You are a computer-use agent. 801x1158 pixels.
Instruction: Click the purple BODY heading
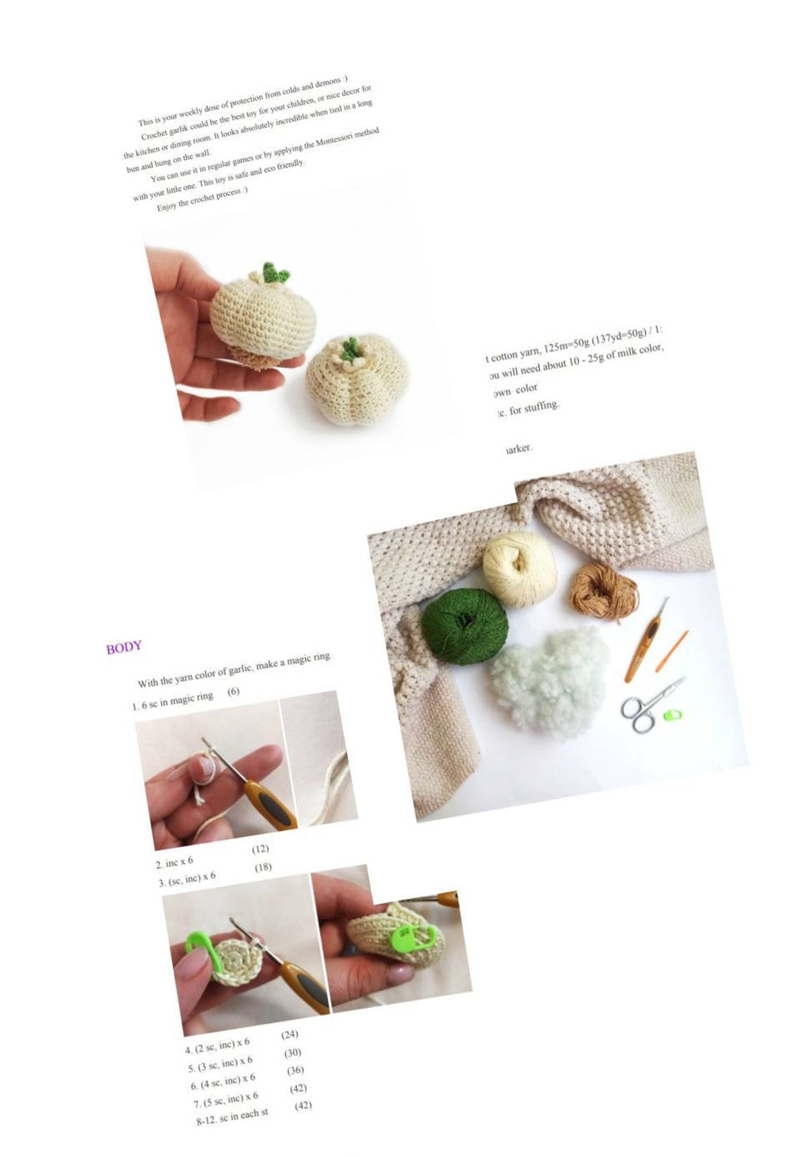[x=124, y=647]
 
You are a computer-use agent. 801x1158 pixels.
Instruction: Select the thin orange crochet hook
[x=672, y=650]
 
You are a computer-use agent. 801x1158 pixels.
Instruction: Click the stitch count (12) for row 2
[x=260, y=849]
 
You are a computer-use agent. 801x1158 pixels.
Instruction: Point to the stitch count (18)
[x=263, y=867]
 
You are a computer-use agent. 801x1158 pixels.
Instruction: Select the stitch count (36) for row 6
[x=295, y=1070]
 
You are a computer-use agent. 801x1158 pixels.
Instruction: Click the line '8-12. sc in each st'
[x=232, y=1117]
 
